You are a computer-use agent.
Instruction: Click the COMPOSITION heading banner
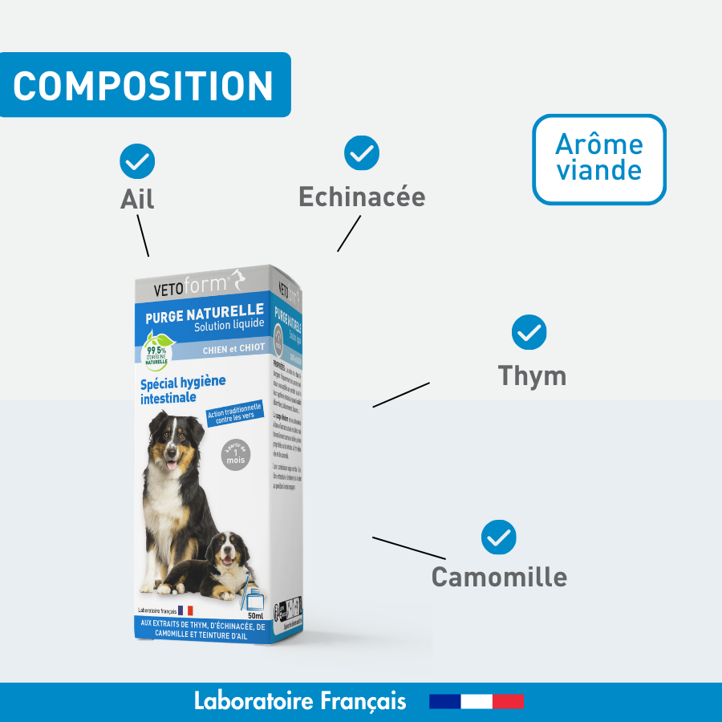pos(144,85)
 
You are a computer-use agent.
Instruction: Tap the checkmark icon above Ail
pos(137,161)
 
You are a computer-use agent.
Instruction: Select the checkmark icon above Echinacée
pos(362,152)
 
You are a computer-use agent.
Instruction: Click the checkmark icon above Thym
pos(529,332)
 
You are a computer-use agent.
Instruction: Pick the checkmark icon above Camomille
pos(499,537)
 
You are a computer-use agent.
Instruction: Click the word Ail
pos(137,199)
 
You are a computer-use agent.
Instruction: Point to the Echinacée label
pos(362,197)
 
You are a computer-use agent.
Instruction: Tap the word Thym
pos(532,375)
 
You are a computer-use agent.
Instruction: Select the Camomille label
pos(499,577)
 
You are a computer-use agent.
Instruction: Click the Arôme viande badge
pos(599,159)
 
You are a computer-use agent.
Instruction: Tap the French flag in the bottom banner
pos(477,702)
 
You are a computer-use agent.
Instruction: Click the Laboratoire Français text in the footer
pos(300,701)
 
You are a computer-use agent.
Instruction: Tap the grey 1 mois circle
pos(236,455)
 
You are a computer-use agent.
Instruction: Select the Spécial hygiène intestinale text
pos(183,388)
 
